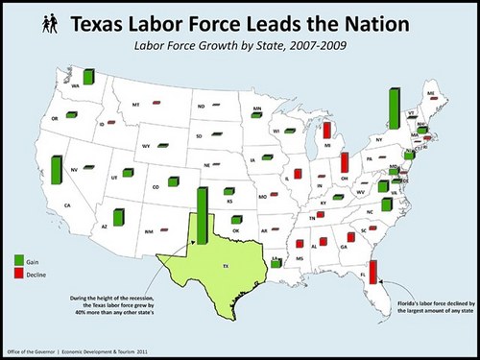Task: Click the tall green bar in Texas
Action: pyautogui.click(x=203, y=217)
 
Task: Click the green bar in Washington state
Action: pyautogui.click(x=89, y=79)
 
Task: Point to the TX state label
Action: pyautogui.click(x=226, y=266)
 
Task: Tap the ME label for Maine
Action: pyautogui.click(x=431, y=93)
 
